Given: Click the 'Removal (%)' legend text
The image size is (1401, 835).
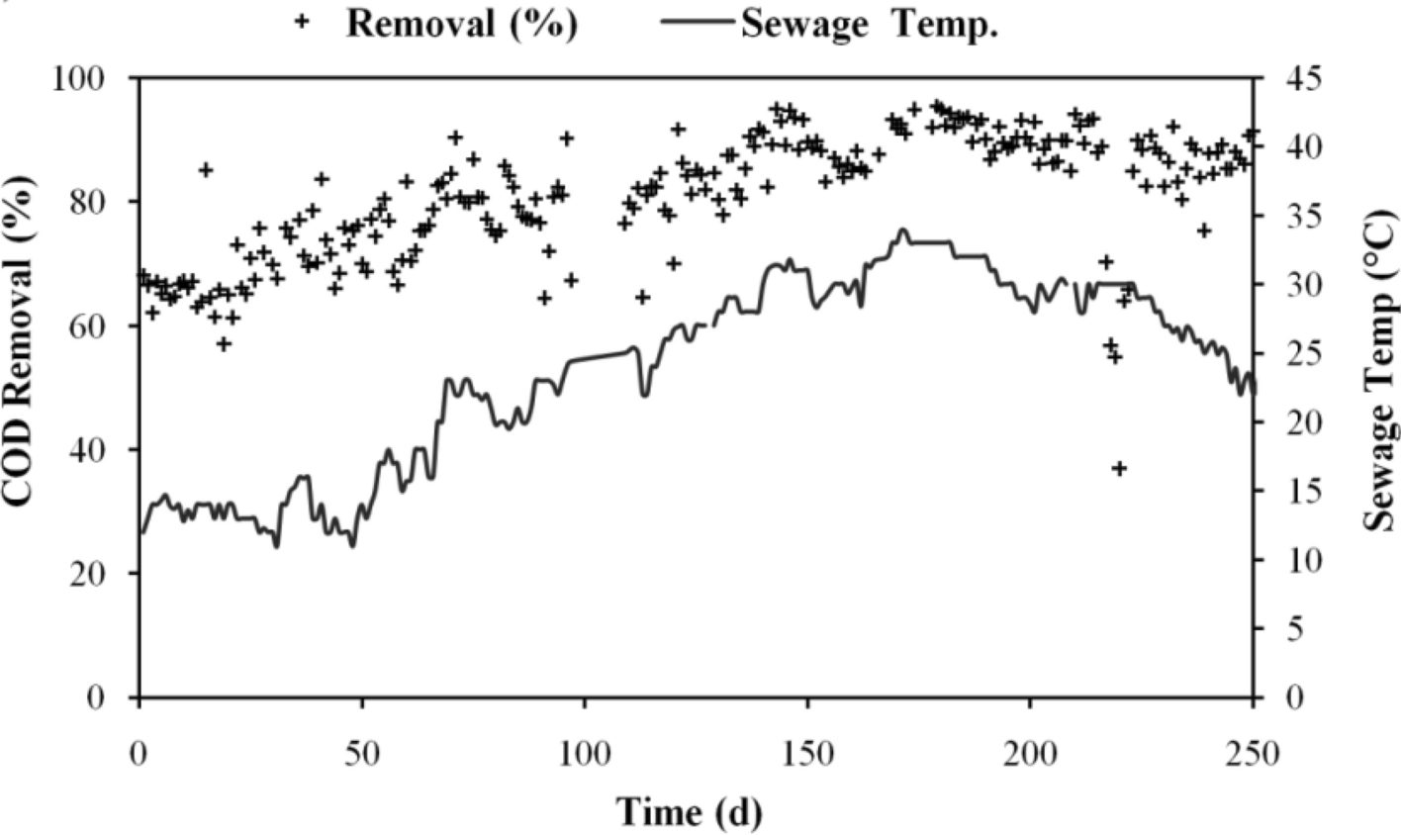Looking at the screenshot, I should tap(461, 24).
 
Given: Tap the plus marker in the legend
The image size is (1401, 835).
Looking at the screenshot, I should tap(303, 23).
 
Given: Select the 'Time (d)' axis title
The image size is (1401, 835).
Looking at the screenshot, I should tap(690, 812).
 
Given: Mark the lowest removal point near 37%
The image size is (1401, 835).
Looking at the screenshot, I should tap(1119, 468).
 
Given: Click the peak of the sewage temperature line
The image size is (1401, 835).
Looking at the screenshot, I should tap(902, 230).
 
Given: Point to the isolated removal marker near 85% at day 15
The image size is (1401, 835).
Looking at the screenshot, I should tap(206, 169).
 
